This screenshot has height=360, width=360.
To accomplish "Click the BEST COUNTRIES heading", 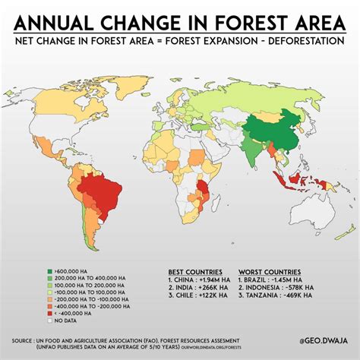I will click(195, 271).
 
